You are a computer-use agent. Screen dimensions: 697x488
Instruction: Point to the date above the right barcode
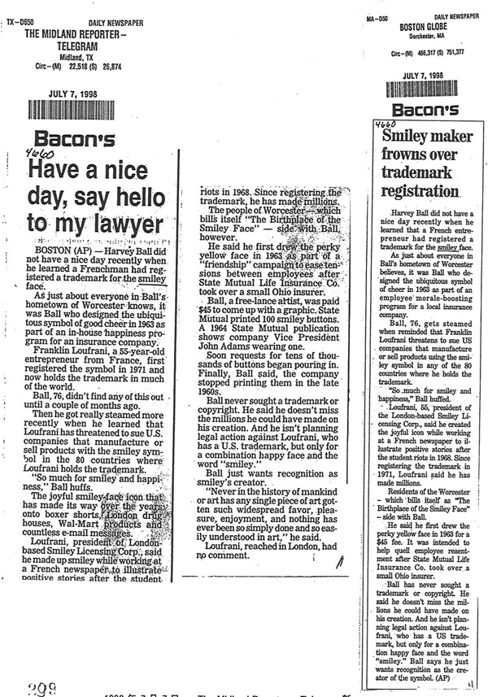pyautogui.click(x=423, y=75)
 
